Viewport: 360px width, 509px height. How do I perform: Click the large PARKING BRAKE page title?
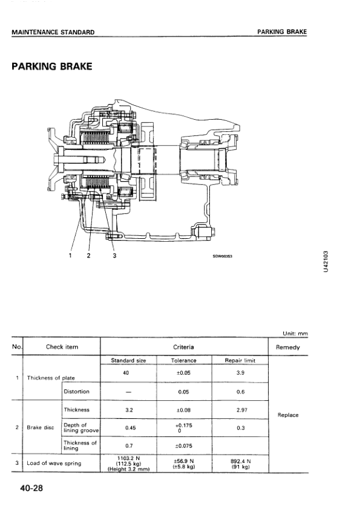point(52,66)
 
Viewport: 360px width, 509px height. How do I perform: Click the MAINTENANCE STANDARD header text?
point(53,32)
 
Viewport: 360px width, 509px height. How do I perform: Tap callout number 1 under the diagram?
point(71,256)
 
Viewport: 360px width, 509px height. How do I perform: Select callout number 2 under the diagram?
point(89,256)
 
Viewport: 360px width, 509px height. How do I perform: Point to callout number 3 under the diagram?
point(114,256)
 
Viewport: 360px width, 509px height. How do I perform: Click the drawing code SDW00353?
point(223,256)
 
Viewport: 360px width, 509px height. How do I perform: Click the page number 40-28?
point(31,488)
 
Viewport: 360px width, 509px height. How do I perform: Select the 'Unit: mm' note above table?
point(295,333)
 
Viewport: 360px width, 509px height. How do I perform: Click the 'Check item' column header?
point(62,347)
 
